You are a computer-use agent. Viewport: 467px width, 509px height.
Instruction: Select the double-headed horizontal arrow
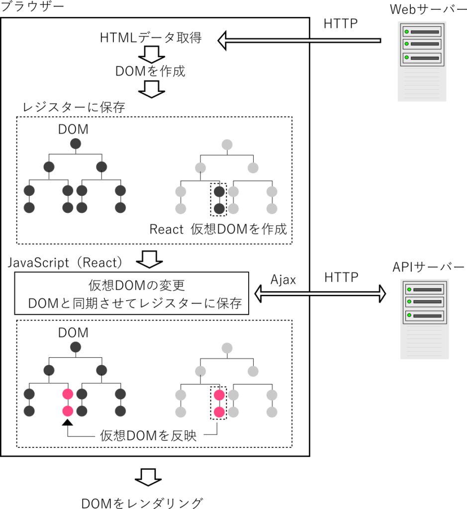320,294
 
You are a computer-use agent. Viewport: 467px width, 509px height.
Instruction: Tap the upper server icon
422,61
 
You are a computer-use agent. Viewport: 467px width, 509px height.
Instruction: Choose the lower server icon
424,319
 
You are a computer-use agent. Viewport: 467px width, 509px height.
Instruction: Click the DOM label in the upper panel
73,129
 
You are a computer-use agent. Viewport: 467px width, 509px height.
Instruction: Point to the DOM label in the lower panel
73,333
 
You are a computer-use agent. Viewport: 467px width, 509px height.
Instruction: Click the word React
167,229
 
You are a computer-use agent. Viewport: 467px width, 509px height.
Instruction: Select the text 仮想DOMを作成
239,229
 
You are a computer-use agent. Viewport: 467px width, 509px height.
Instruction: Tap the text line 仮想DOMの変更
137,285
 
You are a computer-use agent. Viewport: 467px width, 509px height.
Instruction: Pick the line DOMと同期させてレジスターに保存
135,303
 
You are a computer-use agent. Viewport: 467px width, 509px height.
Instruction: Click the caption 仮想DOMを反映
148,436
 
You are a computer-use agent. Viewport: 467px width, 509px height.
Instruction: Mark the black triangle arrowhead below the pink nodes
68,422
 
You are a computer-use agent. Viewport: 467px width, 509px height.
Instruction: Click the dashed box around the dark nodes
219,199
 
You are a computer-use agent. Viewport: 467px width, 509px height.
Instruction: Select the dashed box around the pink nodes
219,403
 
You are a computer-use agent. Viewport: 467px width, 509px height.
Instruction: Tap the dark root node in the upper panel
76,144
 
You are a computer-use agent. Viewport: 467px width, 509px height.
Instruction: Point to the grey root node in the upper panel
227,145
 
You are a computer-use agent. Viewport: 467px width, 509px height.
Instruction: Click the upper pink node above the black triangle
68,394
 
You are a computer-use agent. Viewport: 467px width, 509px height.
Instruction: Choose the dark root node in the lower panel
76,347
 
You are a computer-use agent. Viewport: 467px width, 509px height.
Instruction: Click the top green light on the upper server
407,32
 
